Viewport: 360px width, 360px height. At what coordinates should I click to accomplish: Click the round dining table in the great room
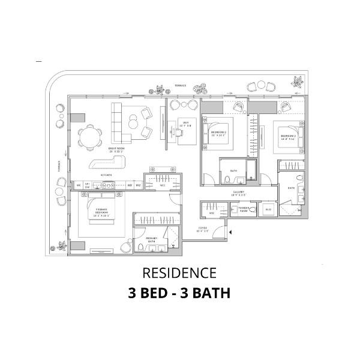(90, 139)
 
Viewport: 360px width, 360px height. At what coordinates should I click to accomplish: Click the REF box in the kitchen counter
(130, 186)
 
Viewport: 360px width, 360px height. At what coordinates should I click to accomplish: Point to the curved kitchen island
(106, 164)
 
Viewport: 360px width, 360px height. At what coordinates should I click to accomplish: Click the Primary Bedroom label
(100, 212)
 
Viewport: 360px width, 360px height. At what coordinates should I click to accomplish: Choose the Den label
(187, 124)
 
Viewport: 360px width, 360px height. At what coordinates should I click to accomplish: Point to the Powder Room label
(243, 210)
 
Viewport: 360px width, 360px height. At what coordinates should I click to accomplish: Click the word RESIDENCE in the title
(179, 274)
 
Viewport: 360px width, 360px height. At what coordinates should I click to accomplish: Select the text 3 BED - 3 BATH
(179, 294)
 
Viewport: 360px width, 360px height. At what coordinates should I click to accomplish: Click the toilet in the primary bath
(140, 248)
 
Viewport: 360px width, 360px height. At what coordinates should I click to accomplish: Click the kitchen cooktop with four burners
(109, 186)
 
